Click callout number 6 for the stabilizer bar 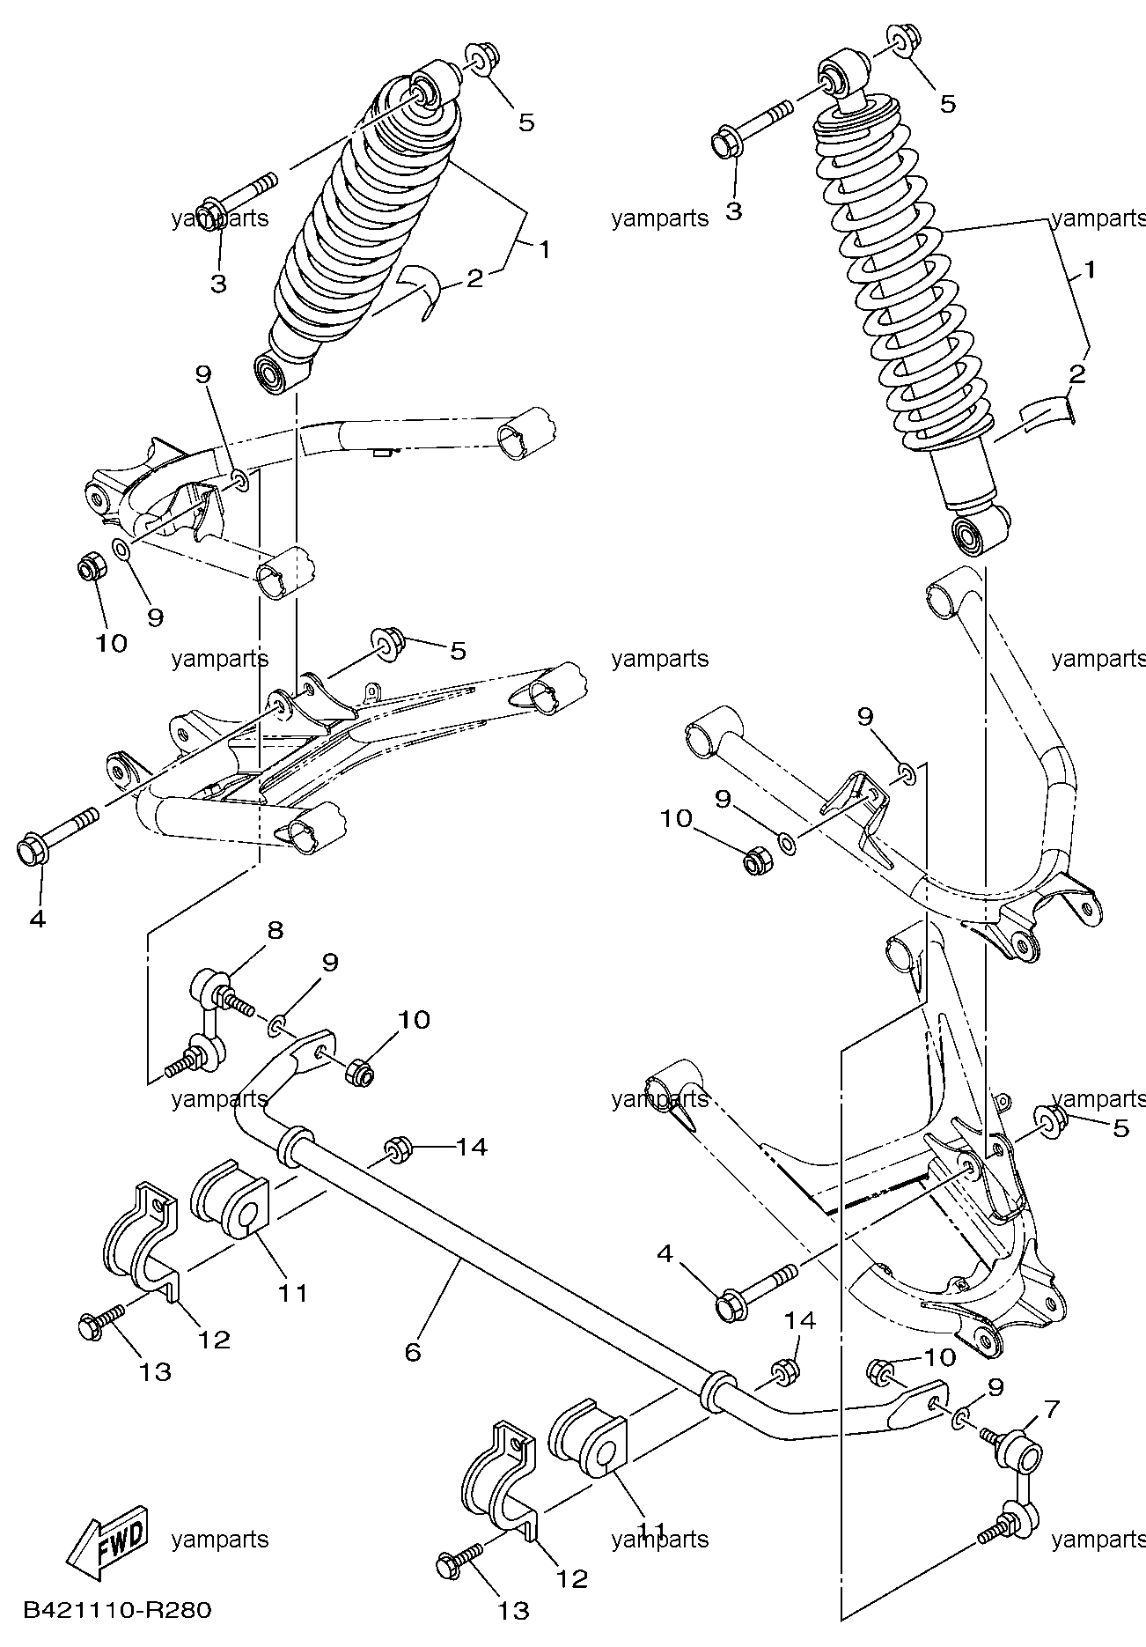coord(414,1351)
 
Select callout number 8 coord(275,930)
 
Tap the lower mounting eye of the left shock coord(275,373)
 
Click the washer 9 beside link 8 coord(275,1023)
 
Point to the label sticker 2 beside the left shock coord(420,292)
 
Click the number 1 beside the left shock coord(545,250)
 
